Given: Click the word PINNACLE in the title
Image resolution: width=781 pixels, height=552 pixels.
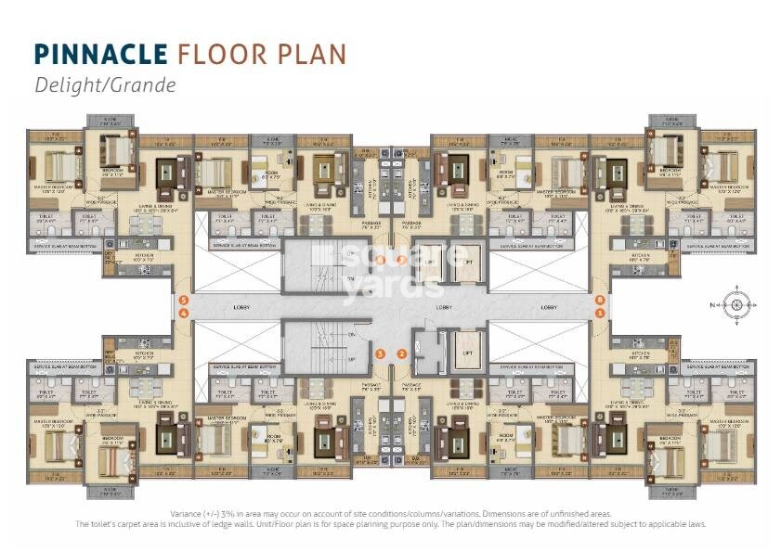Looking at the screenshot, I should coord(99,54).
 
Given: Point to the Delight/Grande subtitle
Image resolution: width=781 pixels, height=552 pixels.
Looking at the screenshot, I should coord(104,84).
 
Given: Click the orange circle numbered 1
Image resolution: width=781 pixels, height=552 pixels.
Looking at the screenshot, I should coord(601,314).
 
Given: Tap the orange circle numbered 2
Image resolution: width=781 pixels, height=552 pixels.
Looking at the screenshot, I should coord(401,353).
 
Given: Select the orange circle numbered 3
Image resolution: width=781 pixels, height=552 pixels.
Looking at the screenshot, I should coord(380,353).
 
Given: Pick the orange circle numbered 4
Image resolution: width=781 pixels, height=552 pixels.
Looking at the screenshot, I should coord(184,314).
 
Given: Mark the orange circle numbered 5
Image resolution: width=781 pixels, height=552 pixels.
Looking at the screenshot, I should coord(184,301).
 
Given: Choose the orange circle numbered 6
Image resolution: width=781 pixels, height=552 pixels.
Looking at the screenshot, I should coord(380,260).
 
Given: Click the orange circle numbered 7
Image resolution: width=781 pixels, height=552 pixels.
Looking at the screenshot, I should coord(401,260).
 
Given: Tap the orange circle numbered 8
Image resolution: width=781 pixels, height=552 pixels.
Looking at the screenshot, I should coord(601,301).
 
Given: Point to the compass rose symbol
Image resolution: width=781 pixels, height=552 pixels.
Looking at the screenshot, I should coord(735,305).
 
